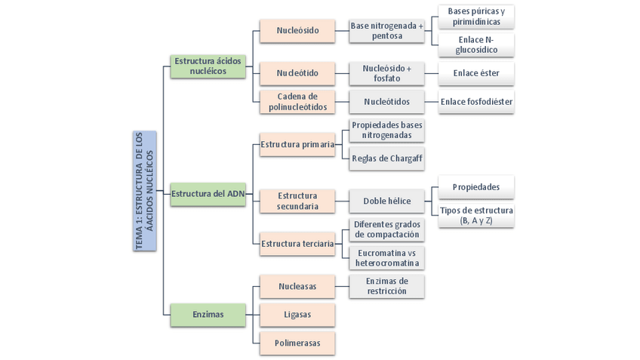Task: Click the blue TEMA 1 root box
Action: tap(143, 191)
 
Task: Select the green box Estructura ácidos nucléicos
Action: tap(208, 66)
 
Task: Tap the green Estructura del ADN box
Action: tap(208, 194)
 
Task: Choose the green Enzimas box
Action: tap(208, 315)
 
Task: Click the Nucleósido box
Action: tap(297, 31)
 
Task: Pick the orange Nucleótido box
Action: tap(297, 73)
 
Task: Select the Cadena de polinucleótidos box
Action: tap(297, 102)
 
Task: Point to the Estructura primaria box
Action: tap(297, 144)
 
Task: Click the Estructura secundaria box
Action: tap(297, 202)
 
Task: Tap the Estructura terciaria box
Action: tap(297, 243)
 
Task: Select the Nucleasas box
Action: tap(297, 287)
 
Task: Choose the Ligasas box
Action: tap(297, 315)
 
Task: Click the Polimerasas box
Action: tap(297, 343)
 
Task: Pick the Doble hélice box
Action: tap(386, 202)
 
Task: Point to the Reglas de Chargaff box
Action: tap(386, 158)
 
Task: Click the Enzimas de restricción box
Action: tap(386, 286)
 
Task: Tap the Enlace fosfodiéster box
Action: tap(476, 102)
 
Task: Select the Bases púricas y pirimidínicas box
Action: tap(476, 17)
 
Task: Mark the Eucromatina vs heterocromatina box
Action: tap(386, 257)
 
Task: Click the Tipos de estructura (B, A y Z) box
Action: tap(476, 215)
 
